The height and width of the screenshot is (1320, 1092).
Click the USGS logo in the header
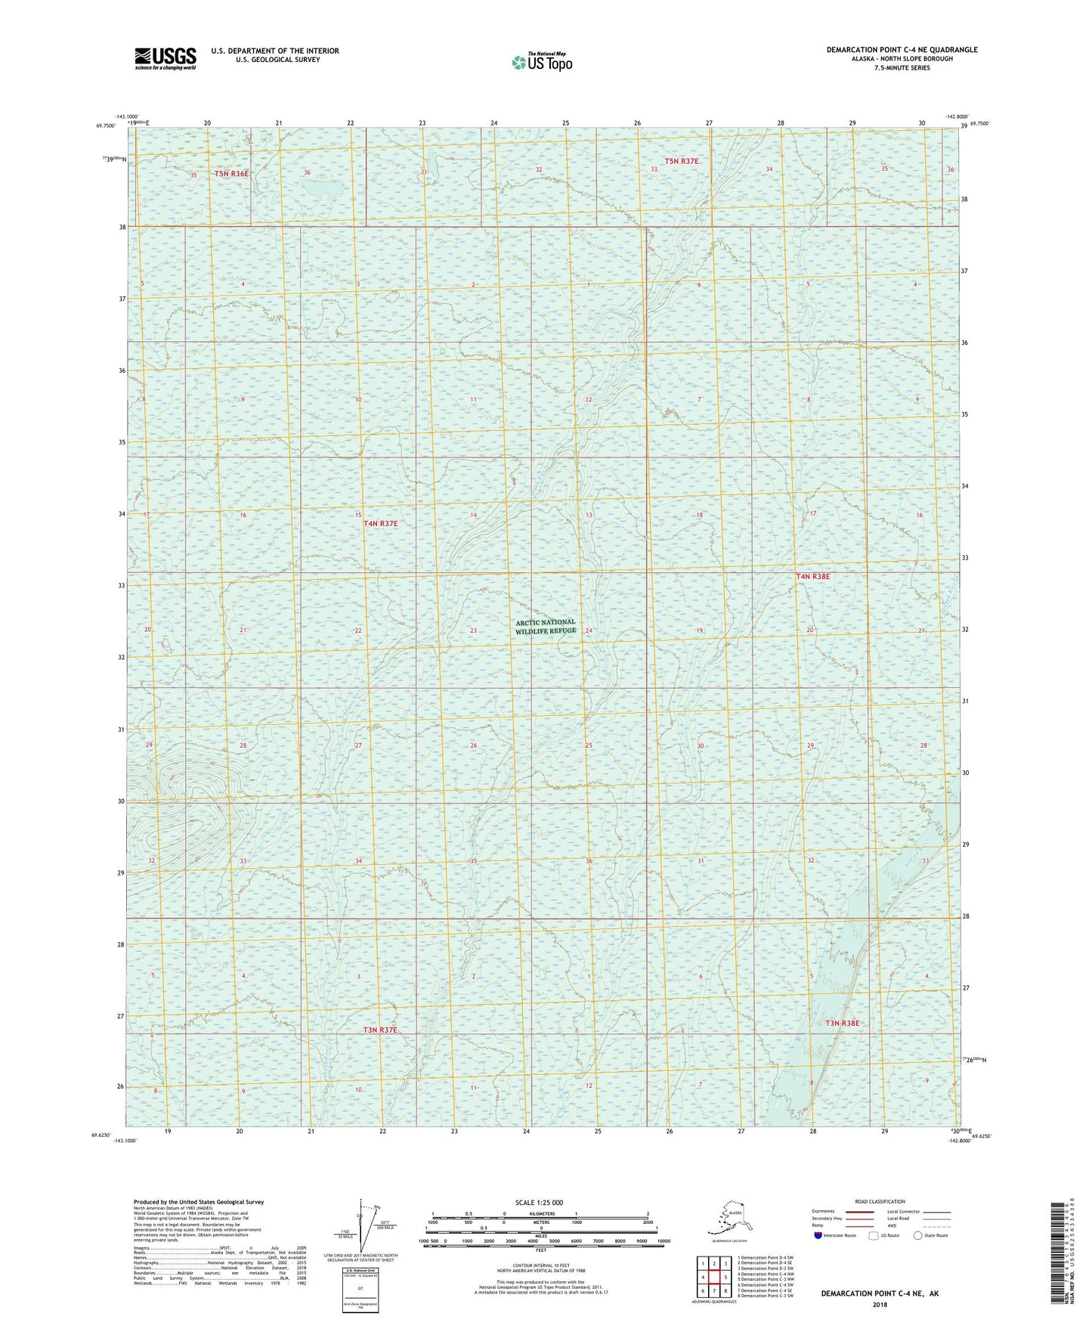click(166, 58)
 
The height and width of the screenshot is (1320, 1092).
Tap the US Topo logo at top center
click(542, 61)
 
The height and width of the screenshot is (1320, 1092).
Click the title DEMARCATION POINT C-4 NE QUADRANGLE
click(902, 50)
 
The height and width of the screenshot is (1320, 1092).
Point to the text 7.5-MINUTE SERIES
click(902, 68)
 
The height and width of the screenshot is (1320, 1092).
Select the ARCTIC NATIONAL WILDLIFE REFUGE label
click(546, 626)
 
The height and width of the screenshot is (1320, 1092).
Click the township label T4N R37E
click(380, 523)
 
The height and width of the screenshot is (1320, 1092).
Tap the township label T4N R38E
click(812, 577)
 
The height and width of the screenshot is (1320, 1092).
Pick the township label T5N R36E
click(231, 174)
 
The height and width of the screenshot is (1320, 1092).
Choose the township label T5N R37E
click(682, 161)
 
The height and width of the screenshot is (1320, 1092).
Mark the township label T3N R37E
click(379, 1030)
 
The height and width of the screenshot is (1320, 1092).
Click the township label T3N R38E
click(842, 1023)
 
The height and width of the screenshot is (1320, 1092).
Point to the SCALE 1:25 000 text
click(540, 1202)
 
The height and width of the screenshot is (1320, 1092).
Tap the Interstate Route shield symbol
click(818, 1235)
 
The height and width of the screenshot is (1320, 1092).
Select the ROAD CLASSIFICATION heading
click(880, 1201)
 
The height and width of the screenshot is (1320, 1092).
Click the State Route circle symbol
click(918, 1235)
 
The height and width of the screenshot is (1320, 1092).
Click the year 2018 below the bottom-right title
click(880, 1304)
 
